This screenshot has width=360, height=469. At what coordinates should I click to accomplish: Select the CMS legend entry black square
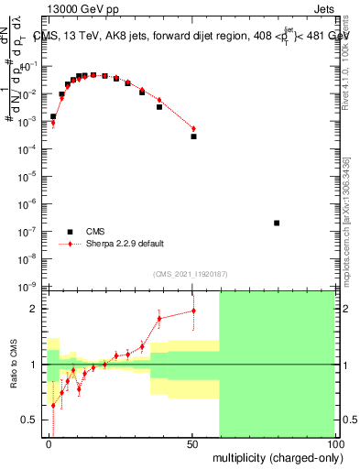tap(70, 232)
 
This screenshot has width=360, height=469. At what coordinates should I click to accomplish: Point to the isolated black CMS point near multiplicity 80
tap(277, 223)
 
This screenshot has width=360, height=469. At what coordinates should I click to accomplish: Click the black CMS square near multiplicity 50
tap(193, 136)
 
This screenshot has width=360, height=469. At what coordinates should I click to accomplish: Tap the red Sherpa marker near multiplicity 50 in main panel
tap(193, 128)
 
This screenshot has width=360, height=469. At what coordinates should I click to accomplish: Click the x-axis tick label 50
tap(193, 443)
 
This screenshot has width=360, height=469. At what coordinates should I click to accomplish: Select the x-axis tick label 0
tap(49, 443)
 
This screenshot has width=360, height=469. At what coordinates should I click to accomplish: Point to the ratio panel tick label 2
tap(37, 309)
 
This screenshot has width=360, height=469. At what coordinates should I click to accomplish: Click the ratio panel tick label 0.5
tap(33, 420)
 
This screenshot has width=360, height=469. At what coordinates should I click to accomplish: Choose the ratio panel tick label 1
tap(37, 365)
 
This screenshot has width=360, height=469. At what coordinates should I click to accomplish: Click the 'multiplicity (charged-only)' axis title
tap(274, 456)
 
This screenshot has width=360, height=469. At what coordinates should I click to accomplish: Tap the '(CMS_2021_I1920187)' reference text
tap(191, 274)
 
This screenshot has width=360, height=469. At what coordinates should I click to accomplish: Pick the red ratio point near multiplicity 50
tap(193, 311)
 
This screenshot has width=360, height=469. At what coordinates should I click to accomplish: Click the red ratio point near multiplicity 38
tap(159, 318)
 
